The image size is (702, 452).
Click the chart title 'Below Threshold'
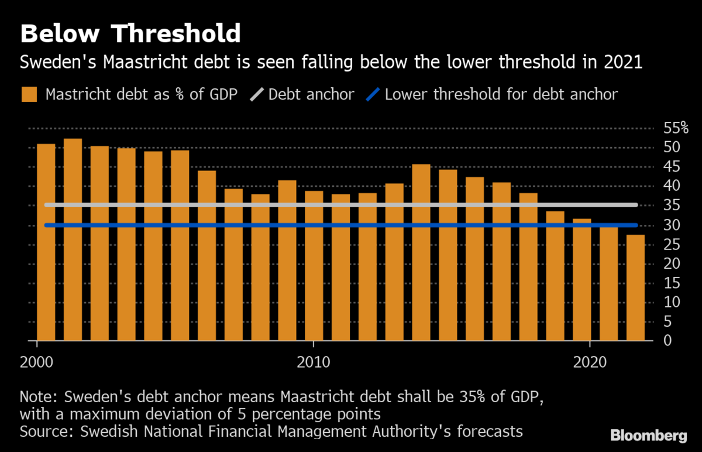[130, 34]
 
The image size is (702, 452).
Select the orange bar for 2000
[46, 242]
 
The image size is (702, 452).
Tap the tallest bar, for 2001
[73, 239]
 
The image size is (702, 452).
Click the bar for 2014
[421, 252]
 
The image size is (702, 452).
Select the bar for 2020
[582, 279]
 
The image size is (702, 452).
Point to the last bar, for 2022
[636, 287]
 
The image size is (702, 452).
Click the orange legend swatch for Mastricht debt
[30, 94]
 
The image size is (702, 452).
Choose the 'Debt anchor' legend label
[311, 94]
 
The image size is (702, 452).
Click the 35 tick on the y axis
[671, 206]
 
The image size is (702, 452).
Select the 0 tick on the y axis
[667, 341]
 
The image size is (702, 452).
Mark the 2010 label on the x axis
[314, 361]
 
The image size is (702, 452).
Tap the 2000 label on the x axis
[37, 361]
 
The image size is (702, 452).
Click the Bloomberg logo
[648, 436]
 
